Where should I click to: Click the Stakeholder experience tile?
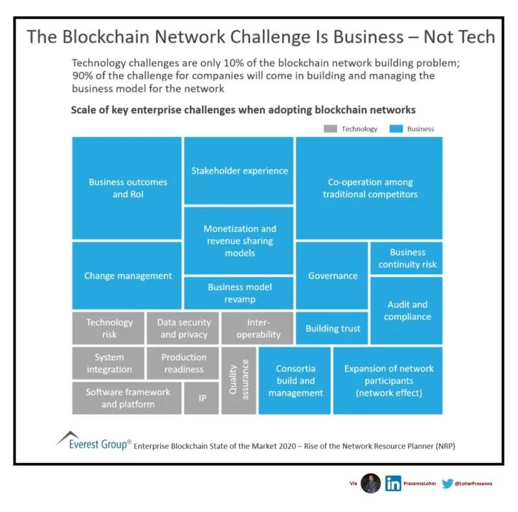(x=239, y=171)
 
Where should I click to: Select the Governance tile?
(x=332, y=276)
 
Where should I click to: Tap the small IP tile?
(x=202, y=398)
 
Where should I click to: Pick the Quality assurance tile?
(x=238, y=380)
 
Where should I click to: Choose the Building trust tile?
(x=332, y=328)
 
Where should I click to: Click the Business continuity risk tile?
(x=407, y=258)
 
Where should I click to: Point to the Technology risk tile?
(x=109, y=328)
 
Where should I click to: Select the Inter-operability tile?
(x=258, y=328)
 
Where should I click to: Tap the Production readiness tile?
(x=183, y=363)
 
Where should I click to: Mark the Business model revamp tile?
(x=239, y=293)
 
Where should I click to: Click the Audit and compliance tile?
(x=407, y=310)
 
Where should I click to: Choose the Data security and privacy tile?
(x=183, y=328)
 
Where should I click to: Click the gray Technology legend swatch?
(x=330, y=129)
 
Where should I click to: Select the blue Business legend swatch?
(x=396, y=129)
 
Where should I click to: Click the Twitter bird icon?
(x=447, y=484)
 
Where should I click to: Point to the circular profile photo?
(x=370, y=484)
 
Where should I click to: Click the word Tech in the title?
(x=472, y=36)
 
